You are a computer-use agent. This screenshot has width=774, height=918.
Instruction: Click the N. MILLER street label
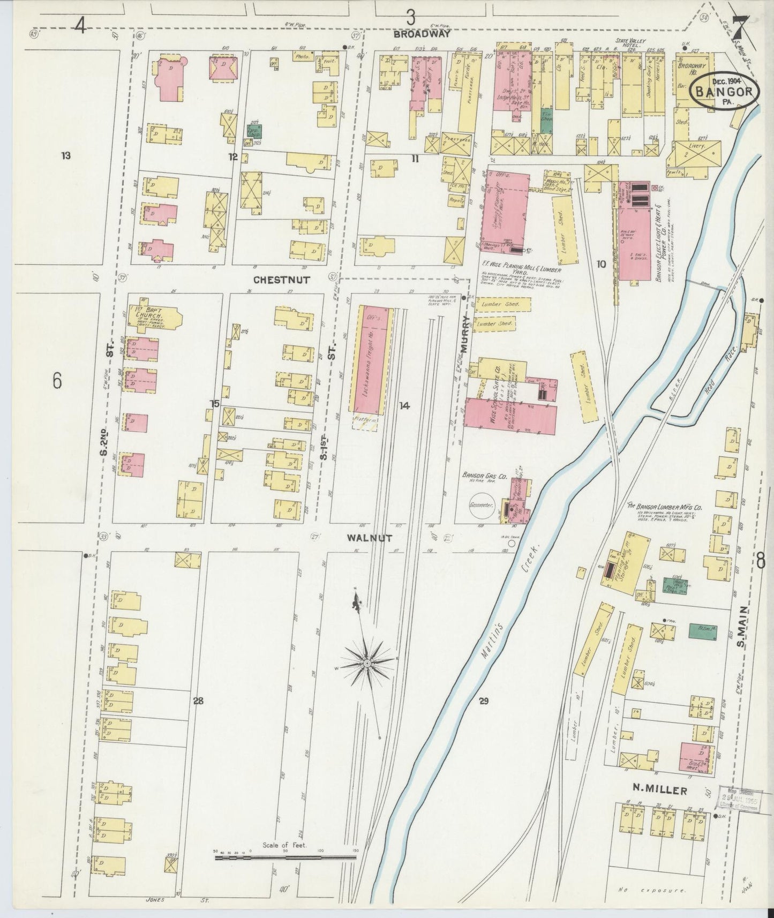(x=659, y=789)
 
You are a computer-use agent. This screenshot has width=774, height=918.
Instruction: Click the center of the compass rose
(x=367, y=664)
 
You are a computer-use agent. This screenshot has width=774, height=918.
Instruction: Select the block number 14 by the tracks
(x=404, y=406)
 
